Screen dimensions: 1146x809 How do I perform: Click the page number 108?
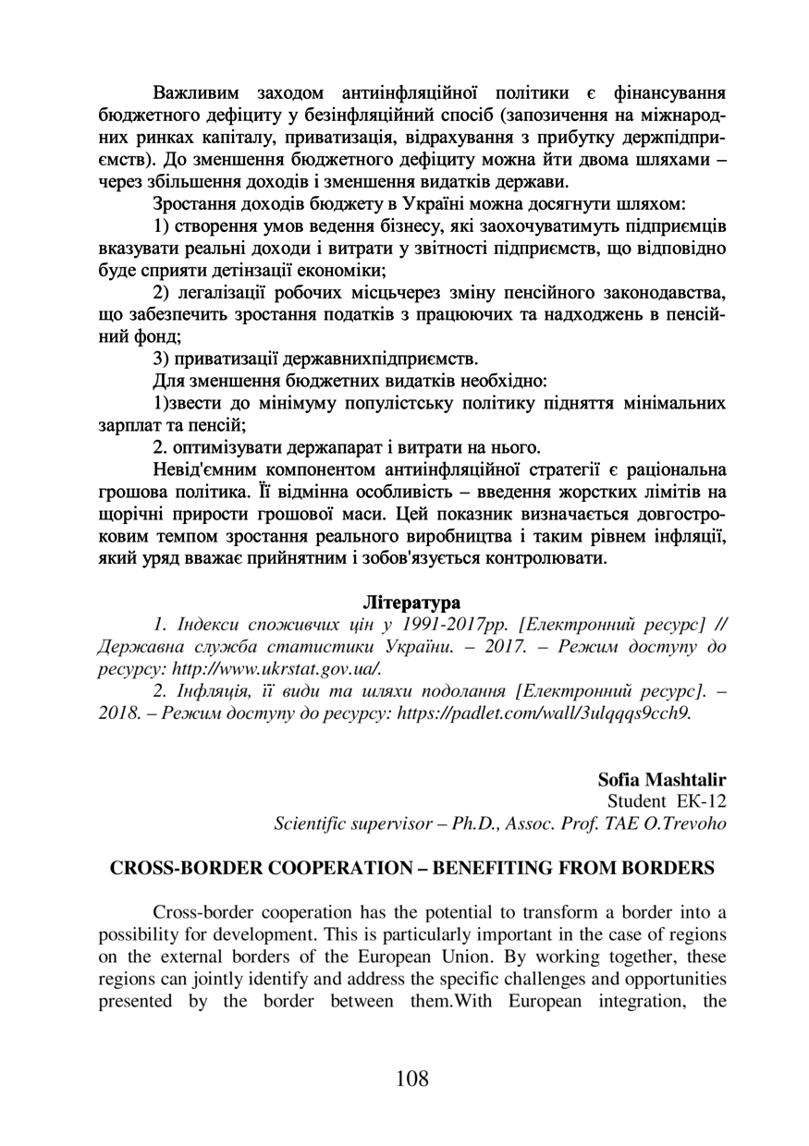[x=411, y=1078]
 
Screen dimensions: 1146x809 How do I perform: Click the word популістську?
[x=362, y=404]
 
